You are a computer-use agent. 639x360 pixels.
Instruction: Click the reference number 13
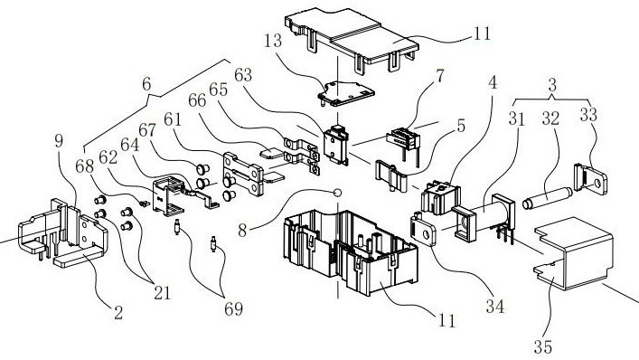(273, 41)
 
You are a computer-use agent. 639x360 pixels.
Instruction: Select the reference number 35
(543, 347)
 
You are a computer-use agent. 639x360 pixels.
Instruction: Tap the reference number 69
(233, 308)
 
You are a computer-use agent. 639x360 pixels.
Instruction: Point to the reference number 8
(242, 231)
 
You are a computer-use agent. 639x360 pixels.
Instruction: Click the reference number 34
(495, 307)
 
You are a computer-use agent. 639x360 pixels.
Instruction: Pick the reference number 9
(60, 141)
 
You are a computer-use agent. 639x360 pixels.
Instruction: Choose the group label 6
(146, 84)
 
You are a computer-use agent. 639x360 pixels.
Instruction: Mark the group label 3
(552, 85)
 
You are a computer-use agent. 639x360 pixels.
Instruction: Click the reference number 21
(162, 292)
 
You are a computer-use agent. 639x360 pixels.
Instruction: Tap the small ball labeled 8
(337, 193)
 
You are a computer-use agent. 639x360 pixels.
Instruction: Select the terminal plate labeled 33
(590, 178)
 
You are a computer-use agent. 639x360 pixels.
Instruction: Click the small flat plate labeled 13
(345, 93)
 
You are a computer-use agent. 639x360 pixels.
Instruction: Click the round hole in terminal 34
(428, 234)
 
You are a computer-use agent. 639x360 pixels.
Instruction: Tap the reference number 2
(118, 313)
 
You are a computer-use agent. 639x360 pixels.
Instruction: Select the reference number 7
(439, 76)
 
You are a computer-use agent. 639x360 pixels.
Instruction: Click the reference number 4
(493, 82)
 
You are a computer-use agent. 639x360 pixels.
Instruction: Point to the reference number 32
(551, 118)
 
